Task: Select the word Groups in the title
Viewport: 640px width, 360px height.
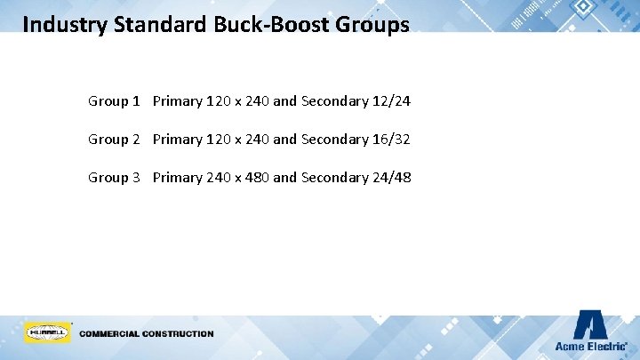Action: [372, 24]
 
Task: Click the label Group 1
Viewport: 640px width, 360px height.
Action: [114, 100]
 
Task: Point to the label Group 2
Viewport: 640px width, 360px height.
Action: [114, 139]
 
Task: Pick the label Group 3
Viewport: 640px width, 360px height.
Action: [114, 177]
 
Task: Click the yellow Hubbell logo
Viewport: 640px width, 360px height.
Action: [47, 332]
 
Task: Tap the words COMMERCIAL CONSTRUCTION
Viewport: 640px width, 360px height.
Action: [147, 334]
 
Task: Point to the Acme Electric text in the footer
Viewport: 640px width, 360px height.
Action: [589, 346]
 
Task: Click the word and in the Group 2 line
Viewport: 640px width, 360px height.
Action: [284, 139]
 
